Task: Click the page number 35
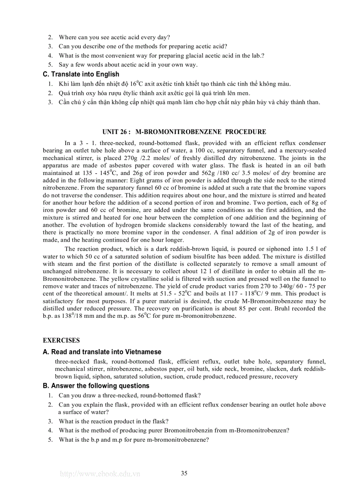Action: tap(184, 473)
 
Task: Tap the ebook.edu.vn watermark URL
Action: tap(100, 474)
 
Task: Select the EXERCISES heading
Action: tap(61, 340)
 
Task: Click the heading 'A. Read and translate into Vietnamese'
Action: tap(102, 352)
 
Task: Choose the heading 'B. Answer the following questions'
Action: tap(96, 386)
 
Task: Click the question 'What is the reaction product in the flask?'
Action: tap(113, 421)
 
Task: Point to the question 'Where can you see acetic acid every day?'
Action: tap(114, 37)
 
